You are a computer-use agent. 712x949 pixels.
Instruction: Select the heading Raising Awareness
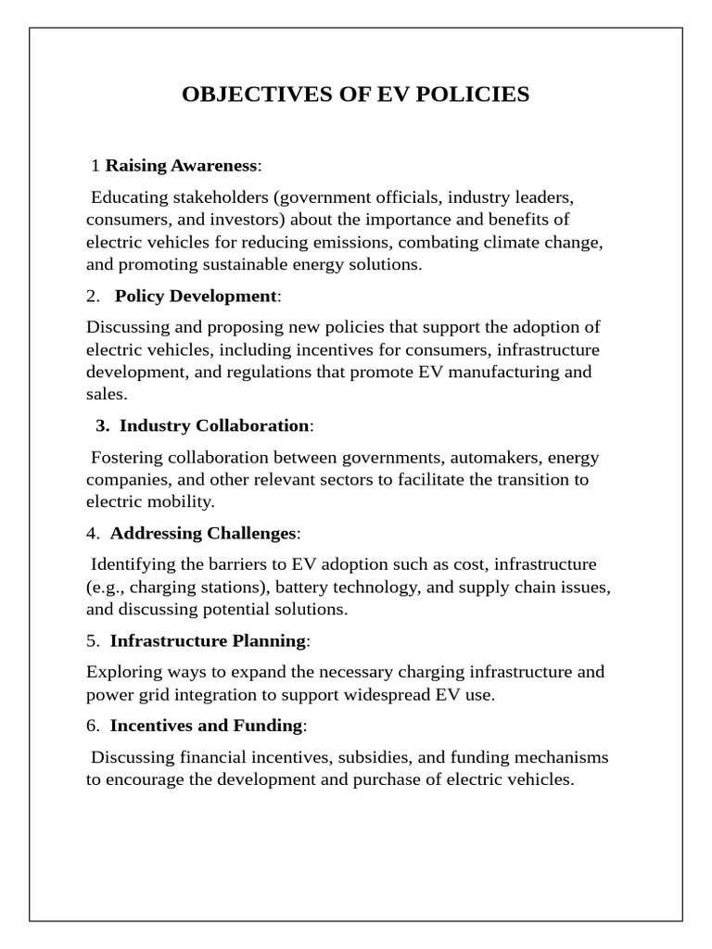tap(182, 166)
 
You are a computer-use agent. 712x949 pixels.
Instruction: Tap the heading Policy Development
tap(196, 296)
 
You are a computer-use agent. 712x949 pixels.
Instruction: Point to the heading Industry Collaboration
tap(214, 425)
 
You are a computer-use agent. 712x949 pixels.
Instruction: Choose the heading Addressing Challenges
tap(203, 533)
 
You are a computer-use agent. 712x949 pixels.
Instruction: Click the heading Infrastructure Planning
tap(208, 640)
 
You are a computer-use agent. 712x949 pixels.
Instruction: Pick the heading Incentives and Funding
tap(206, 726)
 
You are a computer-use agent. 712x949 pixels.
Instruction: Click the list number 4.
tap(91, 533)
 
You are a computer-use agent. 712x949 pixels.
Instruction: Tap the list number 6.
tap(91, 726)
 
